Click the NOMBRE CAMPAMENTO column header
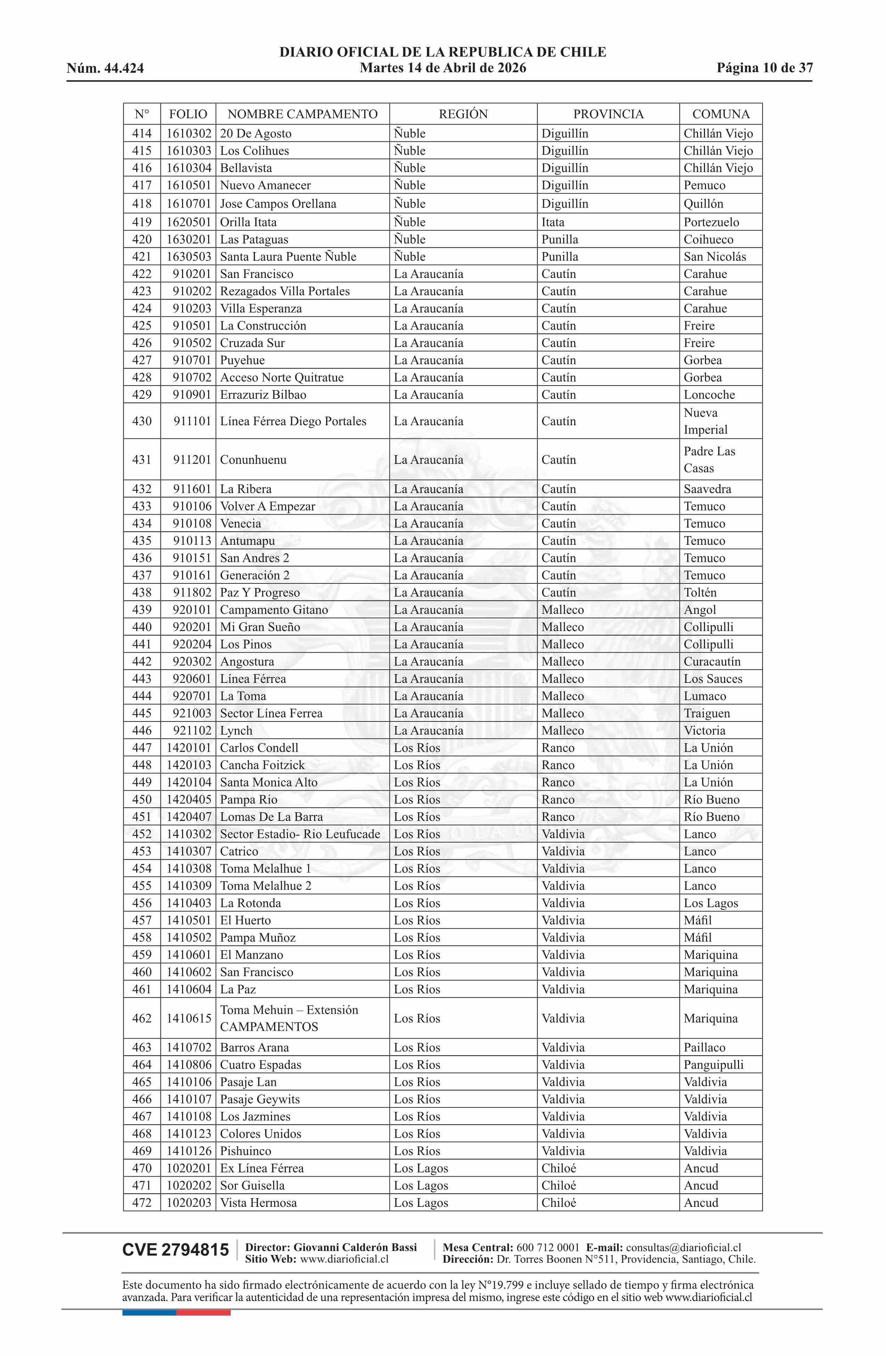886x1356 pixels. [x=302, y=114]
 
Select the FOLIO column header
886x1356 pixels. [x=188, y=114]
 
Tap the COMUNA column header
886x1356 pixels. [x=720, y=114]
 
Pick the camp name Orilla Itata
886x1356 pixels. [x=248, y=222]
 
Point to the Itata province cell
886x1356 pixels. [x=553, y=222]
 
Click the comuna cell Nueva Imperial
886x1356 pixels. [x=705, y=421]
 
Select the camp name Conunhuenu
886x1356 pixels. [x=253, y=460]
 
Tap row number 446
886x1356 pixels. [x=142, y=731]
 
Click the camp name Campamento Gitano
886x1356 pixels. [x=274, y=610]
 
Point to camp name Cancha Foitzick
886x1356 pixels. [x=262, y=765]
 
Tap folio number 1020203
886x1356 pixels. [x=188, y=1203]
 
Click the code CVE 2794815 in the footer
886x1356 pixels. [x=175, y=1250]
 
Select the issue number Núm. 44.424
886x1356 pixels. [x=105, y=68]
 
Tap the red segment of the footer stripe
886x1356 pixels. [x=203, y=1313]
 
